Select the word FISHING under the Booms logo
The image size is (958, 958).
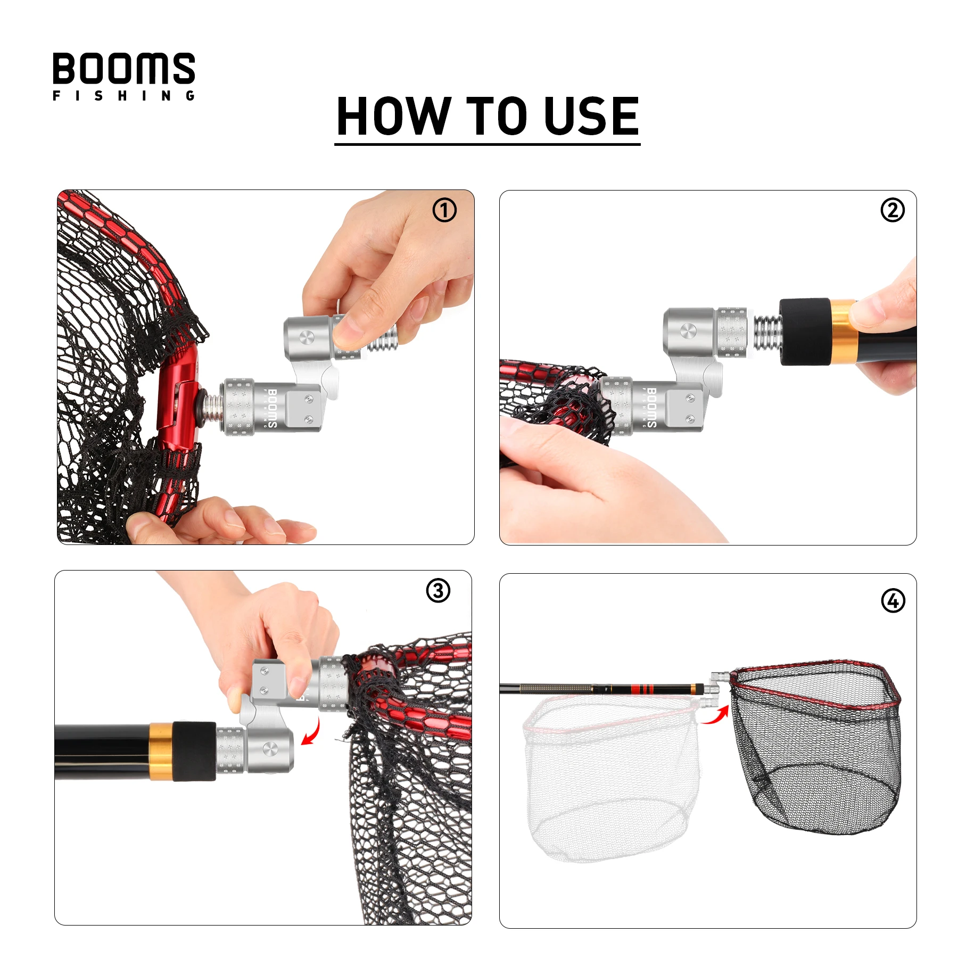tap(124, 96)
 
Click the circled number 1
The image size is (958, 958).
tap(444, 210)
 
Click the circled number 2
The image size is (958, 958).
tap(893, 210)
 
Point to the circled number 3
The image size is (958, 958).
tap(438, 591)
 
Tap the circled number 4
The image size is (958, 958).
tap(893, 601)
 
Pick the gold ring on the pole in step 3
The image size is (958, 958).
tap(161, 752)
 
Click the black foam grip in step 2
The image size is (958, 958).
tap(805, 332)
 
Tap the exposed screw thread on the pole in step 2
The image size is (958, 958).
tap(767, 334)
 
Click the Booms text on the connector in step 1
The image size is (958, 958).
tap(272, 408)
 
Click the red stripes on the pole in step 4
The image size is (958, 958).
tap(642, 689)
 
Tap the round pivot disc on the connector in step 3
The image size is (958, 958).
tap(270, 749)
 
